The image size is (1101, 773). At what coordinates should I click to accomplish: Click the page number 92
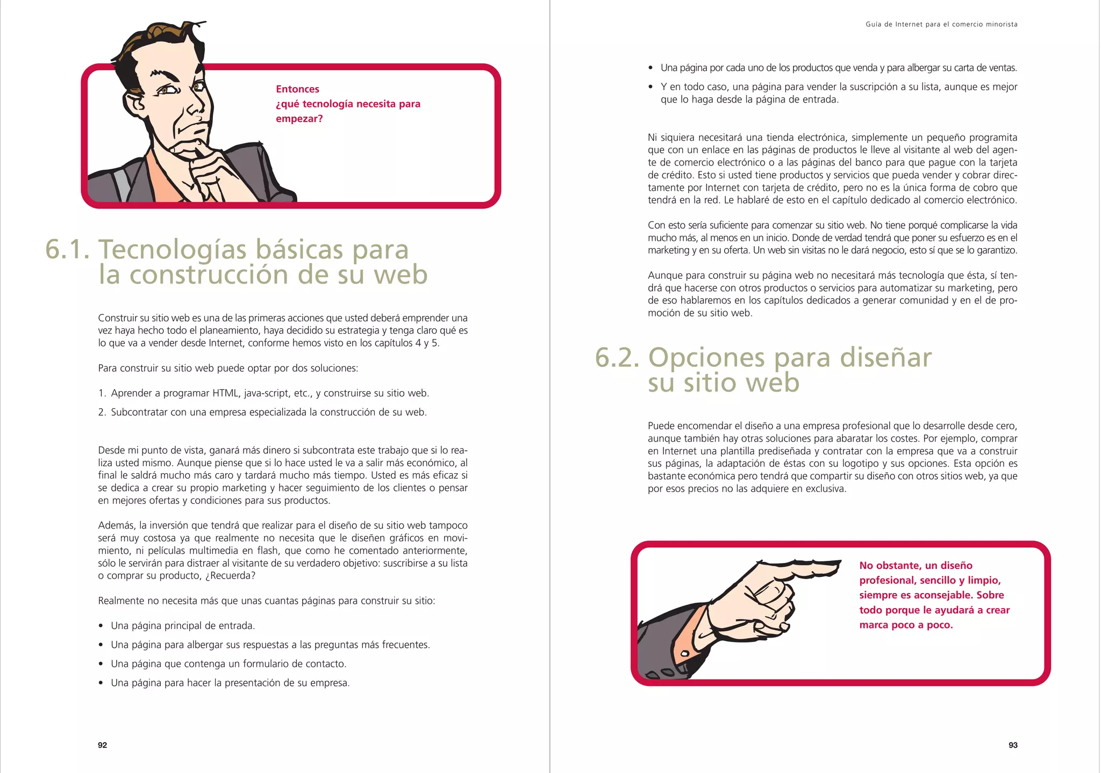[x=102, y=745]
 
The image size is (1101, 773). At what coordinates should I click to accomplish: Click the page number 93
[x=1013, y=745]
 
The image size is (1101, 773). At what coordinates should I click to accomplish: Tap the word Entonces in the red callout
[x=297, y=89]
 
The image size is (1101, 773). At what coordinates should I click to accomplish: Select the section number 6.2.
[x=618, y=358]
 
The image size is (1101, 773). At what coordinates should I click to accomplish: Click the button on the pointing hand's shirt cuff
[x=685, y=654]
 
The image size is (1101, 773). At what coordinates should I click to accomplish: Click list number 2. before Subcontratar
[x=102, y=413]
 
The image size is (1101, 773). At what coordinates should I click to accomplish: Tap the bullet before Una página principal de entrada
[x=101, y=626]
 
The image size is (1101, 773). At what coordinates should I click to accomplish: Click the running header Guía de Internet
[x=941, y=24]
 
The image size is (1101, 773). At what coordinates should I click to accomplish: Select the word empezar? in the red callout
[x=299, y=119]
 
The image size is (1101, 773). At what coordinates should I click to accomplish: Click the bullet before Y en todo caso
[x=650, y=87]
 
